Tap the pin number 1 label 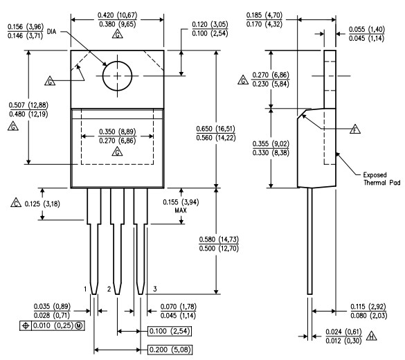pos(86,288)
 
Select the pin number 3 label pos(155,288)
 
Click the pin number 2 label pos(109,288)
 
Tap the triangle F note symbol pos(355,129)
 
